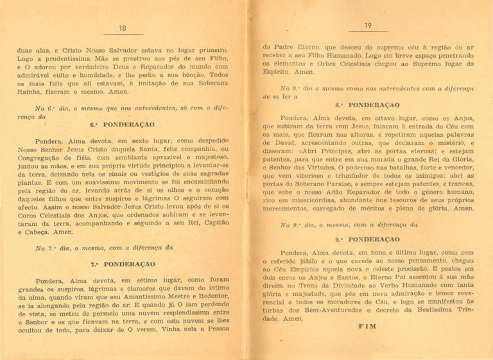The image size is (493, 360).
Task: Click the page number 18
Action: (x=123, y=28)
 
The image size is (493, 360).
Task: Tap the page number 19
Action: (x=368, y=26)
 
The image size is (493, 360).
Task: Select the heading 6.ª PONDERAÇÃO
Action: (x=122, y=124)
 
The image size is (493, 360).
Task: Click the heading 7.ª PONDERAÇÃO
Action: (x=123, y=264)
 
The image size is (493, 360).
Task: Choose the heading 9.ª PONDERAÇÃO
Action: (x=367, y=239)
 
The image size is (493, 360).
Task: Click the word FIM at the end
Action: (x=368, y=326)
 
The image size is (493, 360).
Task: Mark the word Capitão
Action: (x=213, y=224)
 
